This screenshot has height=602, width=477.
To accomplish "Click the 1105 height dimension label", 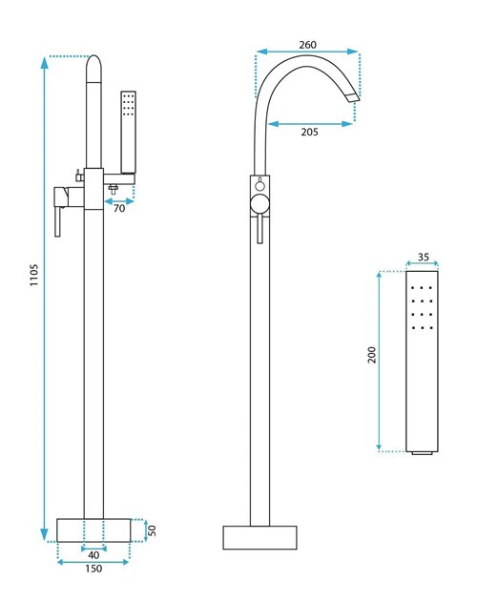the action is click(34, 275).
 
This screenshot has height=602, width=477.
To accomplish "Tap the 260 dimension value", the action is click(307, 45).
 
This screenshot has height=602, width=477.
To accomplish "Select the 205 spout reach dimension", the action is click(309, 132).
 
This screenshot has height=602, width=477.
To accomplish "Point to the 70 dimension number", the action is click(119, 208).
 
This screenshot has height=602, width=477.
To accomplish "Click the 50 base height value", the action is click(152, 530).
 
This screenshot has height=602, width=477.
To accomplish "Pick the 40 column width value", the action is click(93, 555).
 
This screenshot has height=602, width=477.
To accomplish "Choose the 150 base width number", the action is click(93, 569).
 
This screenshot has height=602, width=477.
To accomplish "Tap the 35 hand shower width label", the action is click(423, 257).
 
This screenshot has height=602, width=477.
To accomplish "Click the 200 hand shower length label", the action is click(372, 355).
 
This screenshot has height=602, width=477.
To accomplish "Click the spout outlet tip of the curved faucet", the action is click(353, 97).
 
